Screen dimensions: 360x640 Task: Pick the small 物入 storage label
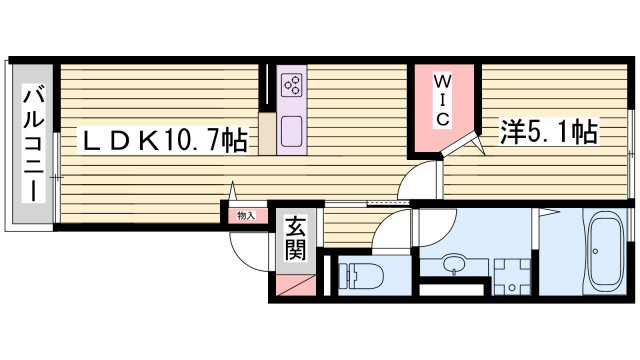(x=245, y=215)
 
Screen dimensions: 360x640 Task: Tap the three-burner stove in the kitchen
(x=293, y=86)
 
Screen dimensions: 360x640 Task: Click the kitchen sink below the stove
(x=293, y=131)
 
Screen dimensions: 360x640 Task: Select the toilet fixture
(x=356, y=273)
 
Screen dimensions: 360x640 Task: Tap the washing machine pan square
(x=511, y=276)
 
